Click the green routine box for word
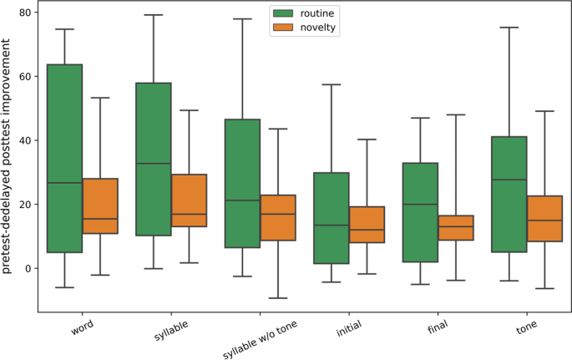click(x=63, y=158)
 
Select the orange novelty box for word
click(x=99, y=206)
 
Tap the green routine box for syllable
click(x=154, y=159)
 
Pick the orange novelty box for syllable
click(x=189, y=200)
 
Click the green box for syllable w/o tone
click(x=242, y=184)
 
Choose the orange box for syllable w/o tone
click(x=277, y=217)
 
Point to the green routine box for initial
click(x=332, y=218)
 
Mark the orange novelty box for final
click(x=456, y=228)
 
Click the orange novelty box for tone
click(x=545, y=218)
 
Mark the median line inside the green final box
click(x=421, y=205)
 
